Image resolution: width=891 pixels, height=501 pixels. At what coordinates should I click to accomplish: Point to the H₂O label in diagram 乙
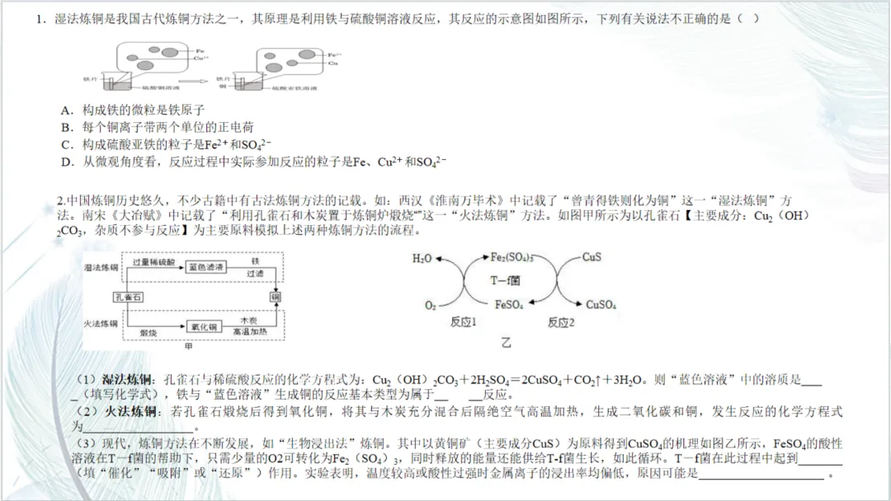pyautogui.click(x=422, y=258)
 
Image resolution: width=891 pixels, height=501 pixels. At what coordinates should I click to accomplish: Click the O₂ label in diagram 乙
pyautogui.click(x=430, y=306)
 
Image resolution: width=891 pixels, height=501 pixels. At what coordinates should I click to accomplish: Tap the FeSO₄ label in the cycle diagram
pyautogui.click(x=509, y=305)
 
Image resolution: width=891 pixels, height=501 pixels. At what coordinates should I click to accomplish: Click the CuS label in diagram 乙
pyautogui.click(x=592, y=257)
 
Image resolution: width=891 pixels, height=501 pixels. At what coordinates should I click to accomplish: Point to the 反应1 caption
pyautogui.click(x=464, y=323)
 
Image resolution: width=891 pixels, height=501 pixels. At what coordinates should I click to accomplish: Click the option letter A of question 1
pyautogui.click(x=65, y=110)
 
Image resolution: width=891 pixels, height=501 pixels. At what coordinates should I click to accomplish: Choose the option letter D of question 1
pyautogui.click(x=65, y=162)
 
